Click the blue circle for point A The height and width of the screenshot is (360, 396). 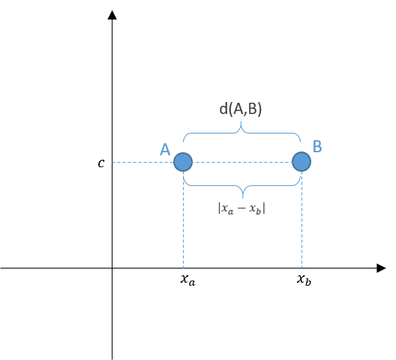point(183,162)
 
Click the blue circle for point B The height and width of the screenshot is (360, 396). point(301,162)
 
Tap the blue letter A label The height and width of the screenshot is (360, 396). point(165,149)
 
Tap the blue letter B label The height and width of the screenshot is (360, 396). point(317,146)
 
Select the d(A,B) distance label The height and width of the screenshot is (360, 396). point(241,109)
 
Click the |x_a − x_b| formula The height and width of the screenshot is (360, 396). point(241,208)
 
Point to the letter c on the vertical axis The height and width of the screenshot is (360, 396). point(101,163)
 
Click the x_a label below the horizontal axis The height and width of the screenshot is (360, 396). point(188,280)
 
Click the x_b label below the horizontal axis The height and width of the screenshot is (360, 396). point(304,280)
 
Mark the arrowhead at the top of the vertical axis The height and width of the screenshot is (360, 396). point(112,15)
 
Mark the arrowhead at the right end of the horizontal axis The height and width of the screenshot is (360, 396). point(381,268)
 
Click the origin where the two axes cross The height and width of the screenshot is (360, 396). point(112,268)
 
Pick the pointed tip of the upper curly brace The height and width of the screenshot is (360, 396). point(241,121)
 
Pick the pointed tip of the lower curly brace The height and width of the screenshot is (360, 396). point(243,198)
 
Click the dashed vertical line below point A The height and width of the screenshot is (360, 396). point(183,220)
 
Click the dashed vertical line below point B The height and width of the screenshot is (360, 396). point(301,220)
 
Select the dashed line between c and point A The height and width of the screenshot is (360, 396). point(143,162)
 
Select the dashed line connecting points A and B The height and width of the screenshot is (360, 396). point(242,162)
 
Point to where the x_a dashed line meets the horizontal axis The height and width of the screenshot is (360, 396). point(183,268)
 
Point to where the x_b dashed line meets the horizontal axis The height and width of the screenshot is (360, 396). point(301,268)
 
